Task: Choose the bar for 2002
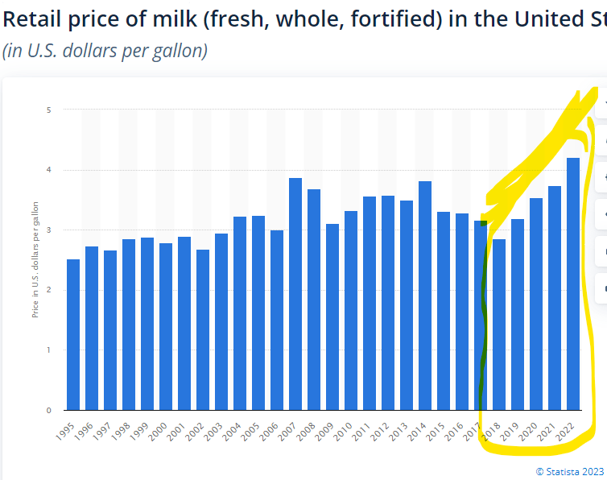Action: (x=203, y=329)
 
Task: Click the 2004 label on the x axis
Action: (x=235, y=429)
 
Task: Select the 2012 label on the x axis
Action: (x=383, y=429)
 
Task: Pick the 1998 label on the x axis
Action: (x=124, y=429)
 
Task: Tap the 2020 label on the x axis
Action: (x=531, y=429)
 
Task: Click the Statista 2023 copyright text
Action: (x=569, y=471)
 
